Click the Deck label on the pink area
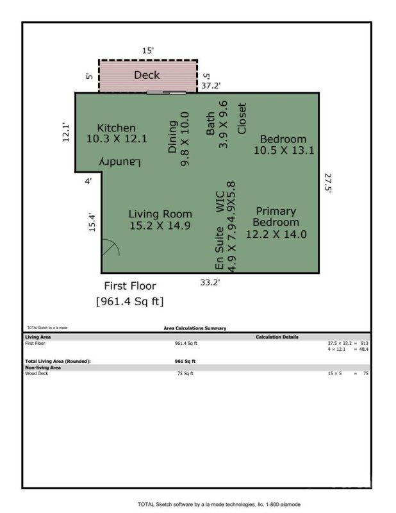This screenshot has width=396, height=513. [x=147, y=75]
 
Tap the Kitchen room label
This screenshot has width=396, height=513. [x=116, y=128]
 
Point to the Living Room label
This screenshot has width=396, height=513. [x=160, y=214]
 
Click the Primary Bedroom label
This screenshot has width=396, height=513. [x=276, y=217]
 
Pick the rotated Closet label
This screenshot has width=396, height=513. [x=242, y=119]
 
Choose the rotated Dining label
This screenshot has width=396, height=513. [x=172, y=137]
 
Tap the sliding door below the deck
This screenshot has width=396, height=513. [x=166, y=93]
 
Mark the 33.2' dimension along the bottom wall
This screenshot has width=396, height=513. [x=211, y=281]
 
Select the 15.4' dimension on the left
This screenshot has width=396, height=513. [x=92, y=222]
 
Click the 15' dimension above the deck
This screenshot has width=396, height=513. [x=148, y=49]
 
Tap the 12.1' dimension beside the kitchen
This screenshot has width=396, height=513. [x=66, y=132]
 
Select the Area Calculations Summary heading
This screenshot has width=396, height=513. [x=195, y=328]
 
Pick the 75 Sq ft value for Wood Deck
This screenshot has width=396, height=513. [x=185, y=373]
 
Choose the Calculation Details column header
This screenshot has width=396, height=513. [x=277, y=337]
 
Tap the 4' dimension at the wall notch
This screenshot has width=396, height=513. [x=88, y=181]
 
